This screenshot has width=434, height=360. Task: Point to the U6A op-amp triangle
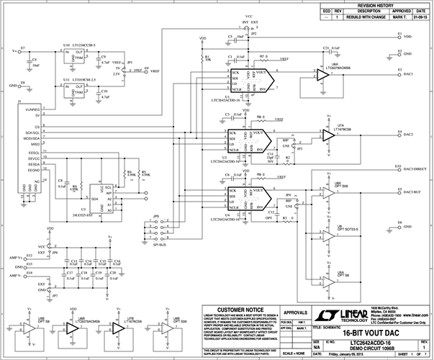(x=319, y=74)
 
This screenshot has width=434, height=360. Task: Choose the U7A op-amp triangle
(x=330, y=135)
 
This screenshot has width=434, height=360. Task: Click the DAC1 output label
(x=408, y=74)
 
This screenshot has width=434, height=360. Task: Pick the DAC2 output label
(x=408, y=135)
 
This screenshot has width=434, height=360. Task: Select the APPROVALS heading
(x=295, y=312)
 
